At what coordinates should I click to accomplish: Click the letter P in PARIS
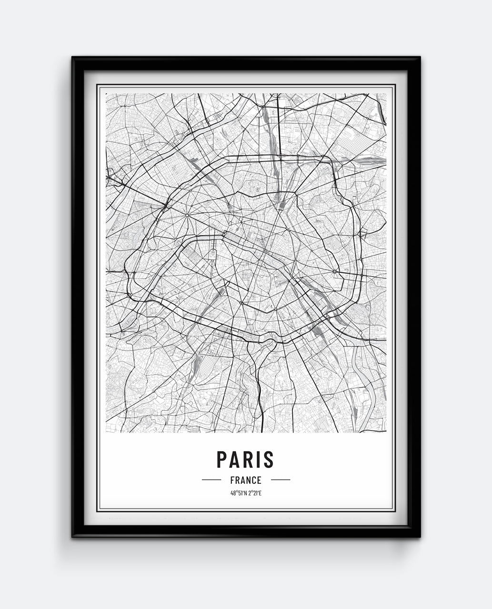222,459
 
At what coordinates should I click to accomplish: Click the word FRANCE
246,480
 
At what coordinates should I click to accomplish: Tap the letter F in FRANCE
232,480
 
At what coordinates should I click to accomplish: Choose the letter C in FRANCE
254,480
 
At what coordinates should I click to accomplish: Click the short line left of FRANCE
211,480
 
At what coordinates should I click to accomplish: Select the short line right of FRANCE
281,480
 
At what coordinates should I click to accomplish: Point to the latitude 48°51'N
238,493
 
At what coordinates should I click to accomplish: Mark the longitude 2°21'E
254,493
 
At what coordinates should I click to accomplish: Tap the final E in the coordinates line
261,493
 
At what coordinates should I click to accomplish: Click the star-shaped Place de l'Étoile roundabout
187,216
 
